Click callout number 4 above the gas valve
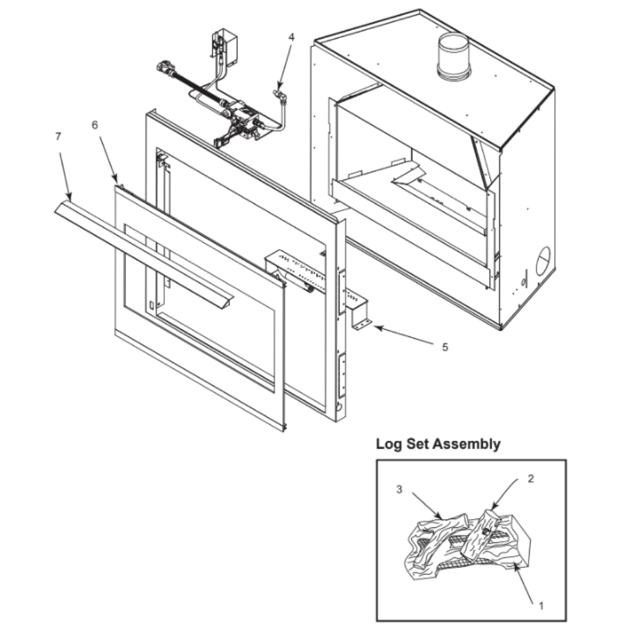click(x=291, y=37)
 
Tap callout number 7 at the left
click(x=58, y=136)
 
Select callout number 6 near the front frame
click(x=95, y=125)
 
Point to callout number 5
click(x=445, y=347)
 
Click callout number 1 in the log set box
click(x=541, y=606)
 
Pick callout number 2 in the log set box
click(x=530, y=479)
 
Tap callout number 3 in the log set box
click(x=399, y=489)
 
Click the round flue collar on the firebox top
click(x=454, y=56)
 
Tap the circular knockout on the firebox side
click(x=544, y=261)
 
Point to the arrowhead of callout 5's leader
click(x=378, y=328)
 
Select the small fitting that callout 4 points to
click(x=278, y=95)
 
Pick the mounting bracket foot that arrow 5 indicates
click(x=362, y=324)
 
